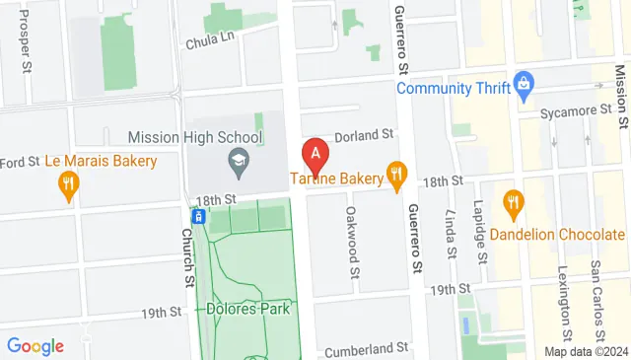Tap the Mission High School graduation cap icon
238,159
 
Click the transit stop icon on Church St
198,215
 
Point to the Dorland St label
364,134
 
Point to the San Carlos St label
596,286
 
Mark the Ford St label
19,162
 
